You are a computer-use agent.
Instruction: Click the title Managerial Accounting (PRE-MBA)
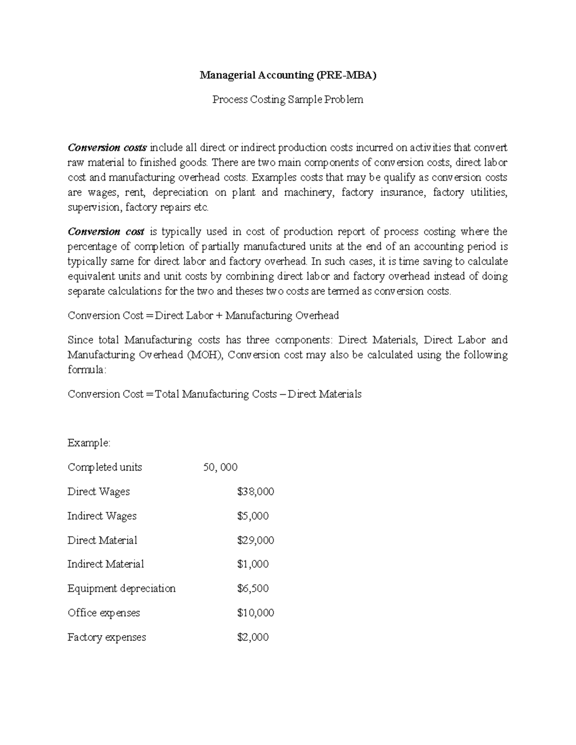(288, 75)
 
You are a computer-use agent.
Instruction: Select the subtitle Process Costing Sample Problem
(288, 100)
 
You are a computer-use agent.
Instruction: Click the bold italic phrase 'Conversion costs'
(108, 147)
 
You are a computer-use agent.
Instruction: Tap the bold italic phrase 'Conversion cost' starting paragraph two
(106, 232)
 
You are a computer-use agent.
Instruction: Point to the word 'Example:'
(89, 443)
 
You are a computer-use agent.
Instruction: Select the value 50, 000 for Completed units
(220, 467)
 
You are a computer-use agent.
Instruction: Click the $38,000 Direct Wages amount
(255, 492)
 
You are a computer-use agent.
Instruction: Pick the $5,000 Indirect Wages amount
(253, 516)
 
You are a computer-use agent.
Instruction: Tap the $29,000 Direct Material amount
(255, 541)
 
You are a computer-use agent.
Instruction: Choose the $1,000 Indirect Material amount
(253, 564)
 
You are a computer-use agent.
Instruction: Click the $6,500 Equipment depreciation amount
(253, 589)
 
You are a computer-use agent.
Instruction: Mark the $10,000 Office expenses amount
(255, 613)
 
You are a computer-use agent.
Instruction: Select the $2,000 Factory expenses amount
(253, 638)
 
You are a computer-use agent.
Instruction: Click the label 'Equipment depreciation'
(121, 589)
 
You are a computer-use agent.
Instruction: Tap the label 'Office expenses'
(104, 613)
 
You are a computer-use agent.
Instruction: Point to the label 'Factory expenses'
(107, 638)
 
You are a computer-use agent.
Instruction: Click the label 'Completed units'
(105, 467)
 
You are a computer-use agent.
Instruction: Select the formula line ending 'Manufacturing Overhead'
(203, 316)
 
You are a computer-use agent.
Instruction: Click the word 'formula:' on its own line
(85, 370)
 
